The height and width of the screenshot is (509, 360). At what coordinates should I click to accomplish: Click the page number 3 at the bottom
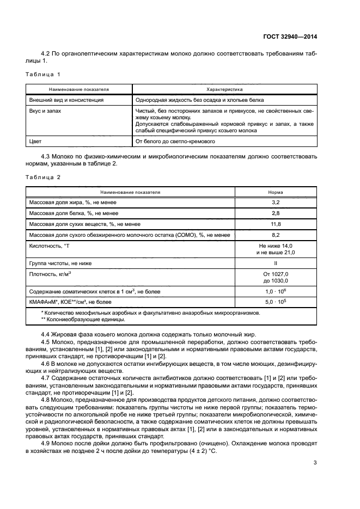pos(315,463)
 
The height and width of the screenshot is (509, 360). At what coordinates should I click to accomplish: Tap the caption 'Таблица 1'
pos(43,73)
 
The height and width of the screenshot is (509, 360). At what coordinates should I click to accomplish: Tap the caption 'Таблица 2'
pos(43,177)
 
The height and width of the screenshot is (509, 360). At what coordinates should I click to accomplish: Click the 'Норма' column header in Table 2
pos(276,192)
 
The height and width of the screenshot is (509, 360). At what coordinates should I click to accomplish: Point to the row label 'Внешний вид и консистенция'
pos(66,100)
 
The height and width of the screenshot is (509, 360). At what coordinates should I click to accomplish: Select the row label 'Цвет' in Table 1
pos(35,142)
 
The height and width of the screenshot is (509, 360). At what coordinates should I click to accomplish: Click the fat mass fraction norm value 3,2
pos(276,203)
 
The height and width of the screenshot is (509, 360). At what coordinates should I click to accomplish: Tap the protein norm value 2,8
pos(276,213)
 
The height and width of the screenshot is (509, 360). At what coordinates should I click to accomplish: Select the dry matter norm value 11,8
pos(276,224)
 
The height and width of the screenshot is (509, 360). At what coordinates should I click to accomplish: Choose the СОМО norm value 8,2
pos(276,235)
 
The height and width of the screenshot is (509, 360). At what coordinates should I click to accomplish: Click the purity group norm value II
pos(276,263)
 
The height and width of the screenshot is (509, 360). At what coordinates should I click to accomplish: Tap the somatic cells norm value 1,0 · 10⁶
pos(276,292)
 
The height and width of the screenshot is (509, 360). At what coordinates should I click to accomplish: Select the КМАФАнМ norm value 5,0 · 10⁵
pos(276,302)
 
